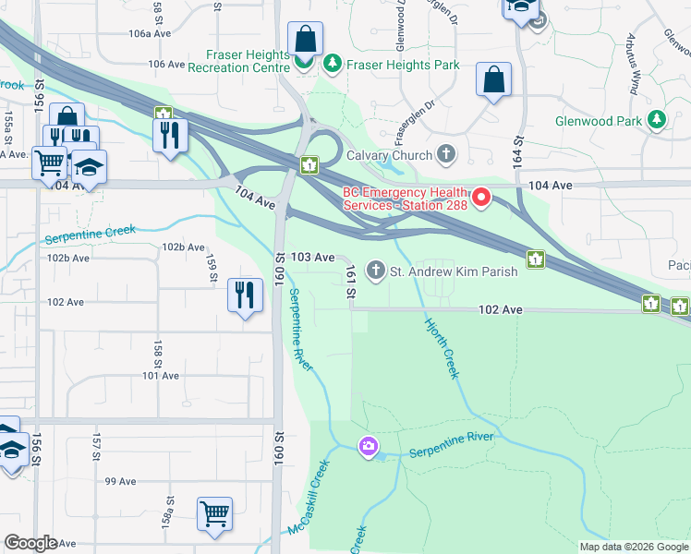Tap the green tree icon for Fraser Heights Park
pos(332,65)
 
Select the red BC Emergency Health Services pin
pos(480,198)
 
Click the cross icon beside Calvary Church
pos(447,153)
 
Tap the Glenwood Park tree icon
pos(657,120)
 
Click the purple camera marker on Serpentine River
pos(369,447)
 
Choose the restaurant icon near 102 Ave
pos(242,295)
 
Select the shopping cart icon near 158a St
pos(214,512)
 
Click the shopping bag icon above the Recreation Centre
pos(305,40)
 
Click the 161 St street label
pos(351,283)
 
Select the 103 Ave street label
pos(312,258)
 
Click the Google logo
pos(30,543)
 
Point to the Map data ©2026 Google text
pos(633,547)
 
